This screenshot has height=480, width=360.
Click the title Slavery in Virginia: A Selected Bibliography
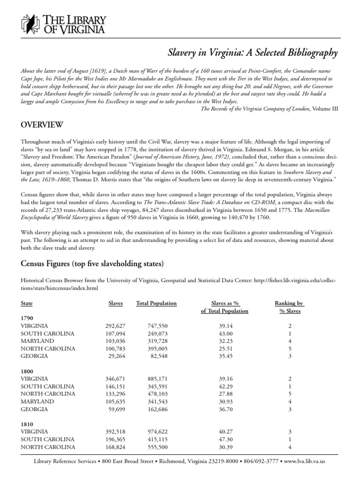[252, 53]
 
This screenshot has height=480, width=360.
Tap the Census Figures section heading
[92, 264]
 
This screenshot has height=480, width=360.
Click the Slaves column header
[115, 303]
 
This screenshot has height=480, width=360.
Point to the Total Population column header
[156, 303]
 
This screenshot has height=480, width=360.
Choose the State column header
[27, 303]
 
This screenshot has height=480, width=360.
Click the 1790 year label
[27, 317]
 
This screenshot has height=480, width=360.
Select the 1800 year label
[27, 370]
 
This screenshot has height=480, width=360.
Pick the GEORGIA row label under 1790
[34, 356]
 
